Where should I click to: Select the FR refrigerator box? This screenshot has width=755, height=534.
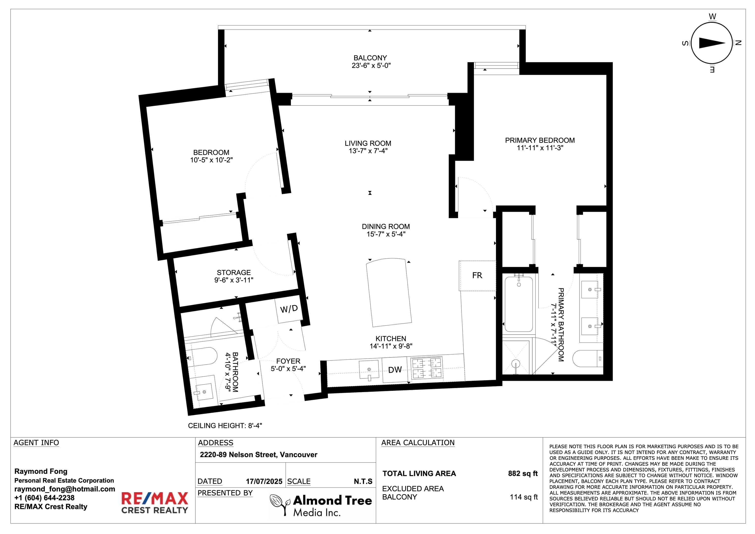click(477, 276)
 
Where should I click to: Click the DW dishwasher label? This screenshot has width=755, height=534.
click(395, 370)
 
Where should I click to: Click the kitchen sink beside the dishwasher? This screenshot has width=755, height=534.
click(370, 371)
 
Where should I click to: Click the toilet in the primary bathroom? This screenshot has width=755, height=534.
click(588, 358)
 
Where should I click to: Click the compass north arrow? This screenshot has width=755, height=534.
click(712, 43)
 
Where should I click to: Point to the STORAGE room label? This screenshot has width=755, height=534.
click(234, 272)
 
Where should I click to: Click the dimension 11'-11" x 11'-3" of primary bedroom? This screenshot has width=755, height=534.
click(540, 148)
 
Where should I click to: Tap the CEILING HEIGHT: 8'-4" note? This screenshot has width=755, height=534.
click(225, 426)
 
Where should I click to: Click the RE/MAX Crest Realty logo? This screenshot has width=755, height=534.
click(155, 503)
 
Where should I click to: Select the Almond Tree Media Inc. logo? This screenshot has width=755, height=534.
click(321, 505)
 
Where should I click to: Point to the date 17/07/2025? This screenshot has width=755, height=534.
click(264, 481)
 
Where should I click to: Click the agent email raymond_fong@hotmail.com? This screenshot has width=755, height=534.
click(65, 489)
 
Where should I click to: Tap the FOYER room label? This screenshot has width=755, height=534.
click(288, 361)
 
